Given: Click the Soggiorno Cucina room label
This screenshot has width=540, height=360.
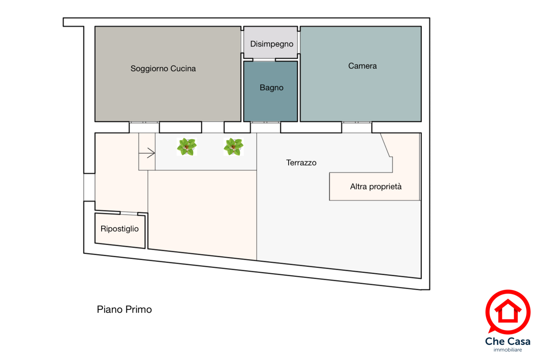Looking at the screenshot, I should [x=163, y=69].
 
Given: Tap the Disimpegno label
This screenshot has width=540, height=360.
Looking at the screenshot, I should [x=271, y=44].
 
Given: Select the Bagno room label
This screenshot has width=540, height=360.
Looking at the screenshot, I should [x=271, y=88].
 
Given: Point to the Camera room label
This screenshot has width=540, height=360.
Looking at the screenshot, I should [x=362, y=66].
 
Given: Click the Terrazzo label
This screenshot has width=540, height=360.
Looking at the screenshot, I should [x=301, y=163].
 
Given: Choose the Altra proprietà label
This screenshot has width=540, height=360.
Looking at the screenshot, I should [x=375, y=186].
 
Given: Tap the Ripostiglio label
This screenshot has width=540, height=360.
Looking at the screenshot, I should [x=119, y=229].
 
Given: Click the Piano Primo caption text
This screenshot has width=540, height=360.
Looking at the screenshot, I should [x=124, y=309].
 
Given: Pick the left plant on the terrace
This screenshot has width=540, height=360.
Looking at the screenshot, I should [x=186, y=147].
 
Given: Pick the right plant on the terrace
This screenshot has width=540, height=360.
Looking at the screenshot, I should [x=233, y=147].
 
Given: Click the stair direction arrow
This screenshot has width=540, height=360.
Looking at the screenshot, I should [x=147, y=153].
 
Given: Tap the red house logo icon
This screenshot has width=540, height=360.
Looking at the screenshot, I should [x=508, y=311].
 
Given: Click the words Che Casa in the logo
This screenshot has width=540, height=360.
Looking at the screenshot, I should [x=508, y=341].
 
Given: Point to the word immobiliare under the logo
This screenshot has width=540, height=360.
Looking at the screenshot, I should [x=508, y=350].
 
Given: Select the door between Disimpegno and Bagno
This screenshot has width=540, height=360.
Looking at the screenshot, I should [x=259, y=60].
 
